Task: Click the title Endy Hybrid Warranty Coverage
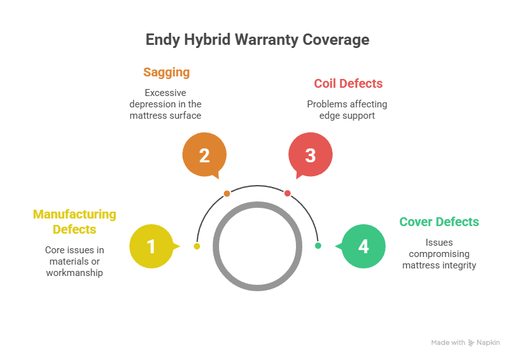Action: click(x=257, y=40)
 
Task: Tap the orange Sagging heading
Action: click(x=166, y=72)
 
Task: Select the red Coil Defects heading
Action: click(x=348, y=83)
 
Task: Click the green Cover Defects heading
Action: click(x=439, y=222)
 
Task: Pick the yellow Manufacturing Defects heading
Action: click(x=74, y=221)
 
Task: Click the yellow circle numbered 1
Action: click(x=151, y=246)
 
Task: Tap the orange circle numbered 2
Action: click(x=204, y=155)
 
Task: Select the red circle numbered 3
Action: click(x=310, y=155)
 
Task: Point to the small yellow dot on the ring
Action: click(x=197, y=246)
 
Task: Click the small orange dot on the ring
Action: click(x=227, y=193)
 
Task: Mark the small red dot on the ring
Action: click(x=287, y=193)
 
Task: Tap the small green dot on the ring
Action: click(x=317, y=246)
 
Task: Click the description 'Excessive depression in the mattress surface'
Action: click(x=165, y=104)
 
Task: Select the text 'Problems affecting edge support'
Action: click(x=347, y=110)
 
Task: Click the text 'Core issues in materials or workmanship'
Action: click(x=74, y=261)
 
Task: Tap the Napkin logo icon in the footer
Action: click(x=471, y=342)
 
